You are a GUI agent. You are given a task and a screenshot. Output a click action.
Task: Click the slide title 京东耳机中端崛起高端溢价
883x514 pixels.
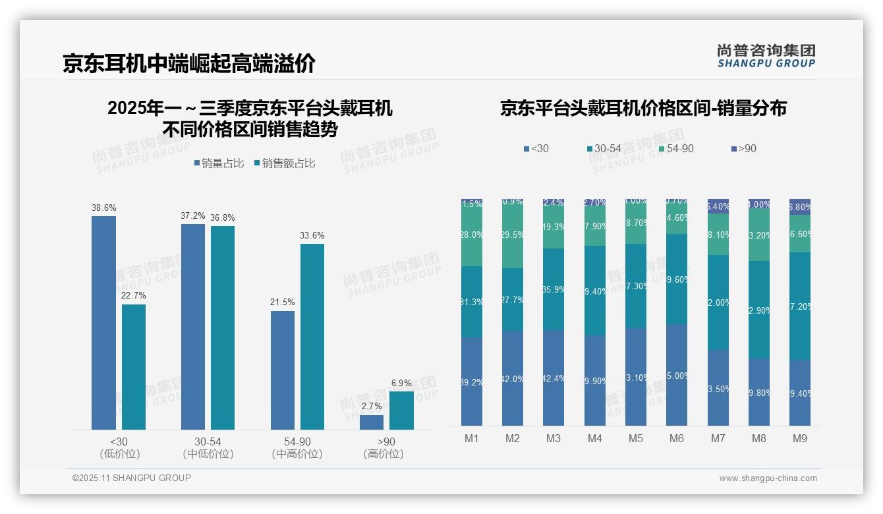click(189, 63)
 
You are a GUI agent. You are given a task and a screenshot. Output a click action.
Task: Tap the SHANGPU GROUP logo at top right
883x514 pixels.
click(766, 55)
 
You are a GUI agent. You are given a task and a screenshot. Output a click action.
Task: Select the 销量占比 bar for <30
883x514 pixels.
click(103, 323)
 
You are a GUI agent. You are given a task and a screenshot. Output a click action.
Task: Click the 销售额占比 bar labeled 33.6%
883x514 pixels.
click(312, 337)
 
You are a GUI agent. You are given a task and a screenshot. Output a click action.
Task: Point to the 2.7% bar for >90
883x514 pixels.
click(372, 422)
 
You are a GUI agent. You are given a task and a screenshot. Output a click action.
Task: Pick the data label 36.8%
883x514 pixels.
click(222, 218)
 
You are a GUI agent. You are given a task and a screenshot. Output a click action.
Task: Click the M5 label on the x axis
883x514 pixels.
click(635, 438)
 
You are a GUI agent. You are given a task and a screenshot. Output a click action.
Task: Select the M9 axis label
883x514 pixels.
click(799, 438)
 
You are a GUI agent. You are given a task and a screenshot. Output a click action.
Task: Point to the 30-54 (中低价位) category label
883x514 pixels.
click(208, 447)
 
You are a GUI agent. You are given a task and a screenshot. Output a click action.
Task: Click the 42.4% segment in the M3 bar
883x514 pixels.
click(554, 378)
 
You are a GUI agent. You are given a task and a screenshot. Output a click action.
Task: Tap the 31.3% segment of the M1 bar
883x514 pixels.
click(472, 302)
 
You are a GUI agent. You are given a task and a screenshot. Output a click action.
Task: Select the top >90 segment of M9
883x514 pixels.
click(800, 207)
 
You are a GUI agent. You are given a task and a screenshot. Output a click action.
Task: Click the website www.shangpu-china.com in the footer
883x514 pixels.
click(768, 478)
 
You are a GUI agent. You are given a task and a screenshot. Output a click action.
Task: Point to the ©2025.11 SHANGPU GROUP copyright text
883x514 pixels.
click(132, 478)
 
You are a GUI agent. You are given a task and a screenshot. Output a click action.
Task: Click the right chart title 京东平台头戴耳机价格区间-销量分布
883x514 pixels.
click(643, 109)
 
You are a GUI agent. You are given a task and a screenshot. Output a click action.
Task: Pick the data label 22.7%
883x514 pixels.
click(133, 295)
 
